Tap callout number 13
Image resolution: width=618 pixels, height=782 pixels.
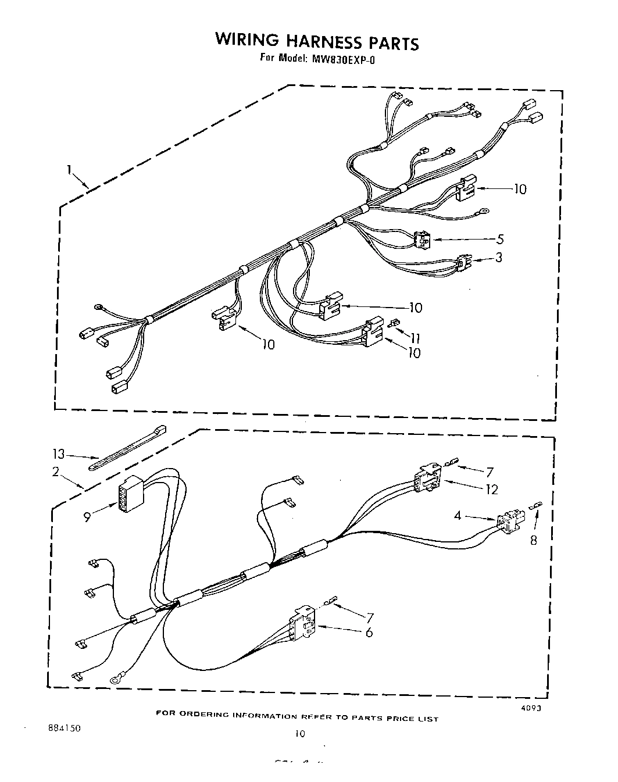click(59, 455)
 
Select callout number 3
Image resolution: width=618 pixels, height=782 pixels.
click(498, 258)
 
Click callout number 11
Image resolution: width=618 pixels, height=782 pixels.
click(415, 338)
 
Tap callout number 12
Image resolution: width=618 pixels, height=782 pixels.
click(492, 490)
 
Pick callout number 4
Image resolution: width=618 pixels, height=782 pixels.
click(458, 515)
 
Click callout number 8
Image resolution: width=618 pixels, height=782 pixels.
click(533, 541)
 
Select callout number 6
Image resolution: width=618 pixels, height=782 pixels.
click(368, 632)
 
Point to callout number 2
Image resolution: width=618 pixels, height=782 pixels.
click(56, 472)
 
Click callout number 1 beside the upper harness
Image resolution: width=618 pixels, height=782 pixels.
click(69, 170)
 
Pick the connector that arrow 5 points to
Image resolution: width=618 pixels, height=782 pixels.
click(421, 240)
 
